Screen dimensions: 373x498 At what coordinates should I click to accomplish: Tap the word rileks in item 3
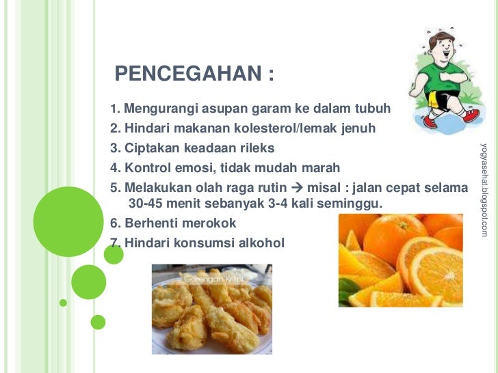256,148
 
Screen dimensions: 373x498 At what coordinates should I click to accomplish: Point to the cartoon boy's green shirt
436,81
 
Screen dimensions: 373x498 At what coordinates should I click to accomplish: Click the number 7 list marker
113,243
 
